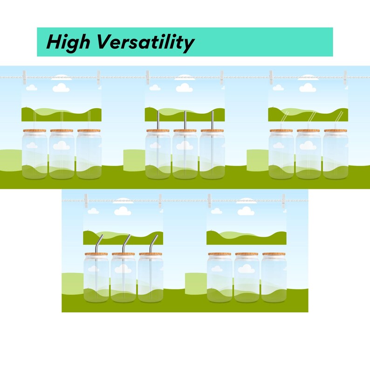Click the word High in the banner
tap(69, 42)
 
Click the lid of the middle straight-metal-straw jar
tap(185, 130)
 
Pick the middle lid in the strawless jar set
tap(247, 254)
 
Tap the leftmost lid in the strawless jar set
tap(219, 254)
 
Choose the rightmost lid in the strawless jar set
tap(274, 254)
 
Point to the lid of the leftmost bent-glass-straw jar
tap(281, 130)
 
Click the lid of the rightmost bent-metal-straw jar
tap(151, 254)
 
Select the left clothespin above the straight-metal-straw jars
tap(148, 77)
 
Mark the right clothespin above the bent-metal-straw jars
tap(160, 200)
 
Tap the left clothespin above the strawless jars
tap(209, 200)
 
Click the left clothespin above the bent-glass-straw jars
tap(271, 77)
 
